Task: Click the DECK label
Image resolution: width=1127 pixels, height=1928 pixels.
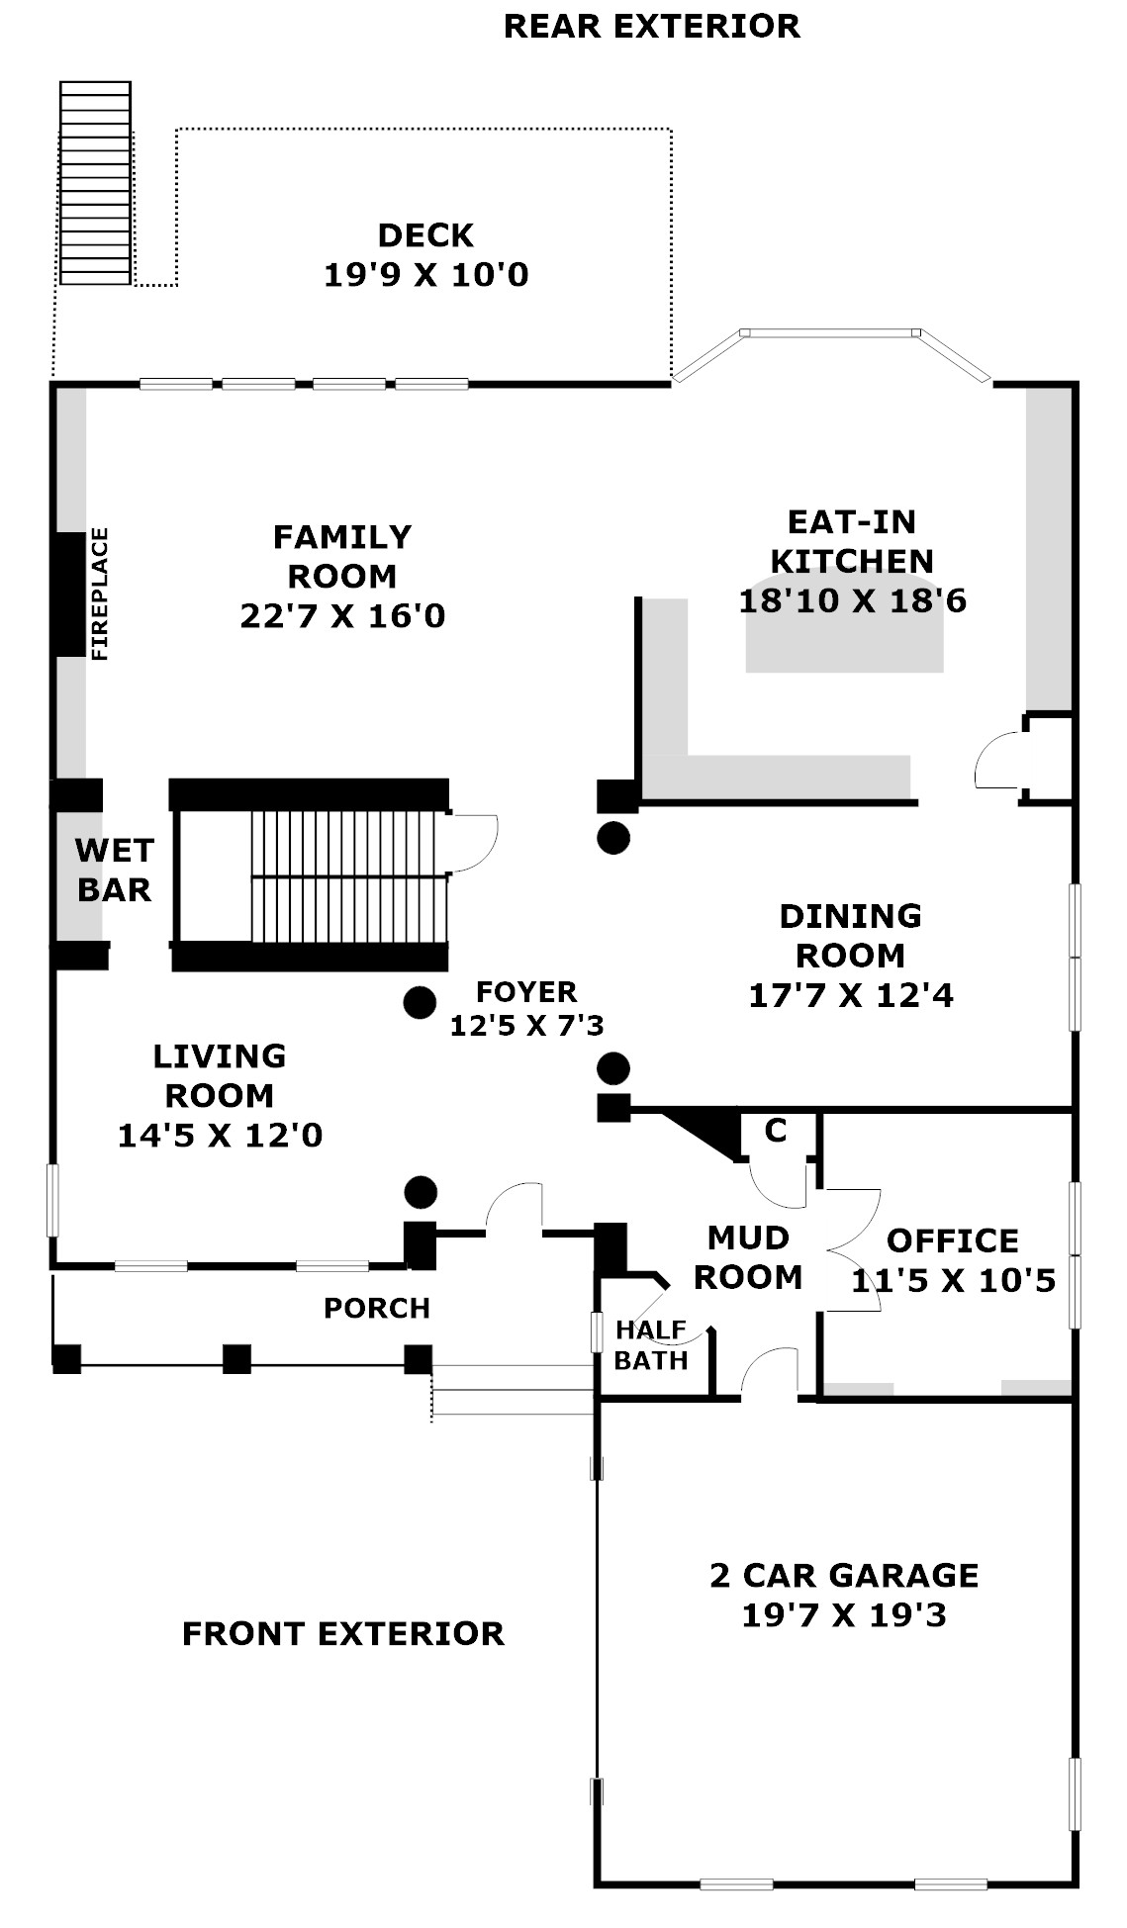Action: (x=425, y=235)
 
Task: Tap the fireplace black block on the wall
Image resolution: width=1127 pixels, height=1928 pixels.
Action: (x=69, y=594)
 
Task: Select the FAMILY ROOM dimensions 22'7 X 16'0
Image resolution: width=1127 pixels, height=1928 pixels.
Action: (x=342, y=615)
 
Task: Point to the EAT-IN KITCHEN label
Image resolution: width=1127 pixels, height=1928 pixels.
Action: (x=851, y=541)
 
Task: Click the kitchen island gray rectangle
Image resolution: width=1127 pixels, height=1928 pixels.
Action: (x=844, y=635)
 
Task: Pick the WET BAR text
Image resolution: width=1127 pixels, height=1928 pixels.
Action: (x=115, y=870)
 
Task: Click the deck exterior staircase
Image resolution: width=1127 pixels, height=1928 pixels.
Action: (x=95, y=183)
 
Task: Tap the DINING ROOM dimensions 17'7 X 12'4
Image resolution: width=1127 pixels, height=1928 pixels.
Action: (x=851, y=994)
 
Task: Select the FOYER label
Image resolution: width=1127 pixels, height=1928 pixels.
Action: (x=526, y=991)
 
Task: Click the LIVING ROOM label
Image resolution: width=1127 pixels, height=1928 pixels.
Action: (x=220, y=1075)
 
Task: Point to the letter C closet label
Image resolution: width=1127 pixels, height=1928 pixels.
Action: (x=776, y=1130)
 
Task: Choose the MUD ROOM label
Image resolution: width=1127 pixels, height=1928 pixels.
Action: (x=748, y=1257)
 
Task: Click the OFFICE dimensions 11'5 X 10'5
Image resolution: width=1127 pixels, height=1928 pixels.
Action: (x=954, y=1280)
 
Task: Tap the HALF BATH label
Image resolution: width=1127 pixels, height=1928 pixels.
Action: (x=651, y=1344)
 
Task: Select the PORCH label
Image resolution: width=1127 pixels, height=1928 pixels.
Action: (x=377, y=1308)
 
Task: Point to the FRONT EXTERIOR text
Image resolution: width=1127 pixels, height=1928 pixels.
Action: (x=343, y=1633)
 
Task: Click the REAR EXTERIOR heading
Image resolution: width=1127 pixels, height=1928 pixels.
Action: (x=652, y=26)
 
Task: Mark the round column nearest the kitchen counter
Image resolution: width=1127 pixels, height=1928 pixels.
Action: (x=613, y=838)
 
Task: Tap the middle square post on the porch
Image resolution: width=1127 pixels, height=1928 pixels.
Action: (x=236, y=1358)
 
